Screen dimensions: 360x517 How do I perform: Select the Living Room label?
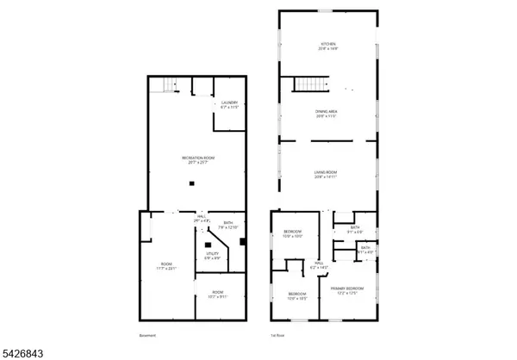pyautogui.click(x=325, y=172)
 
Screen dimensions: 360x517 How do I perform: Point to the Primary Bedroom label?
pyautogui.click(x=347, y=288)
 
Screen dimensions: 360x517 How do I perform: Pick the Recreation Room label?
pyautogui.click(x=193, y=158)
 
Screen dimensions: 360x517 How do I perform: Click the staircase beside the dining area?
pyautogui.click(x=308, y=84)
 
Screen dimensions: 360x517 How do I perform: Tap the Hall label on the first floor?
pyautogui.click(x=318, y=265)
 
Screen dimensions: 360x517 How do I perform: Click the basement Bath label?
pyautogui.click(x=228, y=223)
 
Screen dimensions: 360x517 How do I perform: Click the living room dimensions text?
pyautogui.click(x=325, y=177)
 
